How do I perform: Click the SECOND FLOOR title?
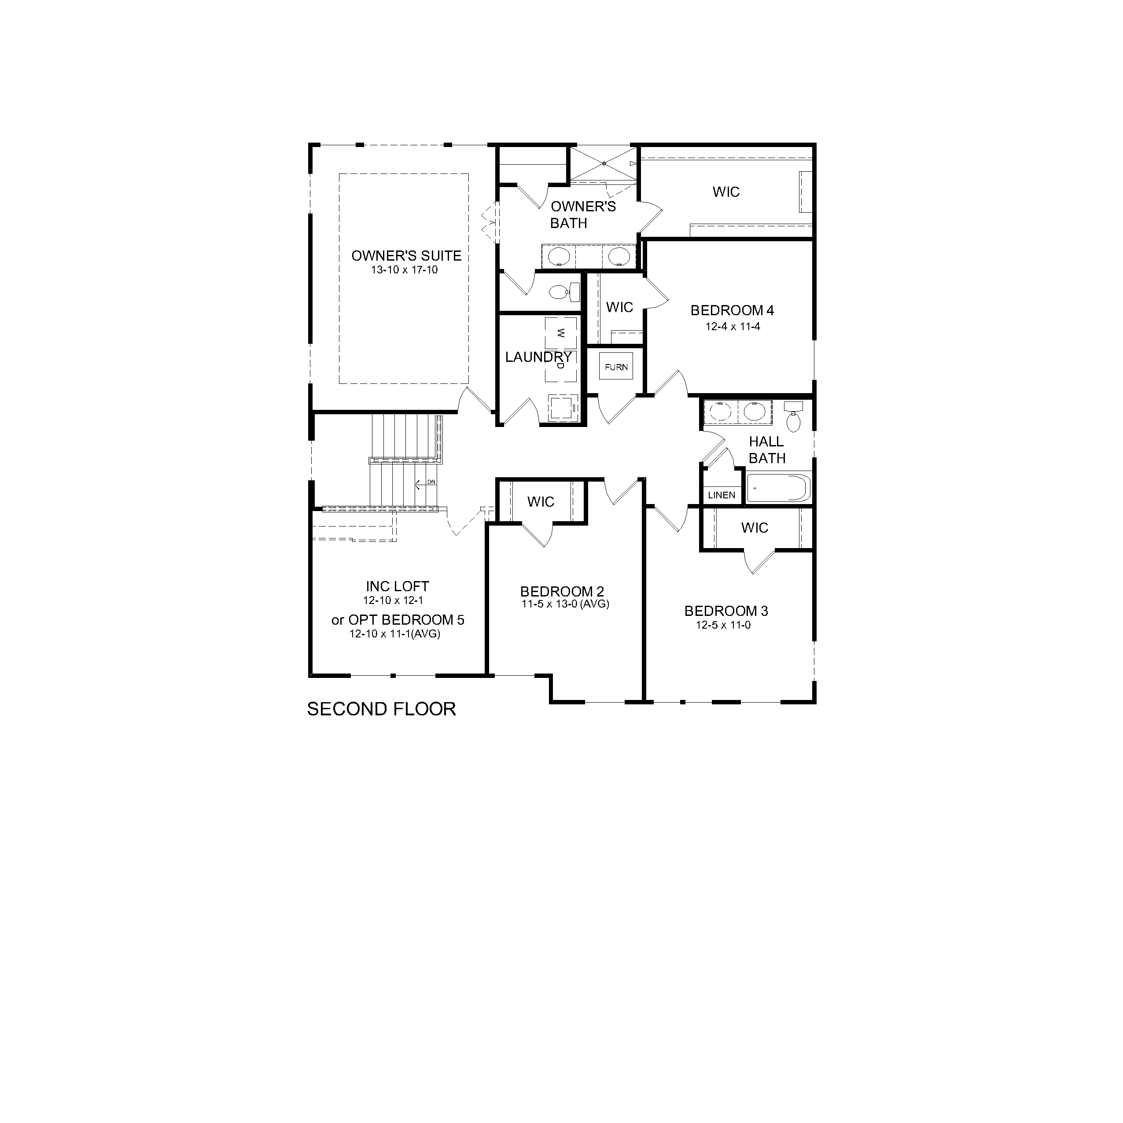click(x=381, y=709)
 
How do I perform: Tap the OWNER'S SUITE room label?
click(x=406, y=256)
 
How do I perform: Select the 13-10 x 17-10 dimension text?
click(x=405, y=270)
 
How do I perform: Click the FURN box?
click(x=616, y=367)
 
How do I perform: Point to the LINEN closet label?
click(x=722, y=495)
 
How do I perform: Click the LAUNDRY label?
click(x=538, y=357)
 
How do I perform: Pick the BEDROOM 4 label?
click(x=733, y=310)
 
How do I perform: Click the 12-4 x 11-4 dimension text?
click(x=733, y=327)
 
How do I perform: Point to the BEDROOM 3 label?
click(x=726, y=611)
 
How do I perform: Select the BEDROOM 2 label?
click(x=562, y=592)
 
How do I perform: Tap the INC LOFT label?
click(x=398, y=586)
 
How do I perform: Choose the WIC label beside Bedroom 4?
click(x=620, y=307)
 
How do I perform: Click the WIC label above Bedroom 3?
click(x=755, y=528)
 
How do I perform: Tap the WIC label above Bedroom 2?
click(x=541, y=501)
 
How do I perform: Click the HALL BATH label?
click(x=767, y=450)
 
